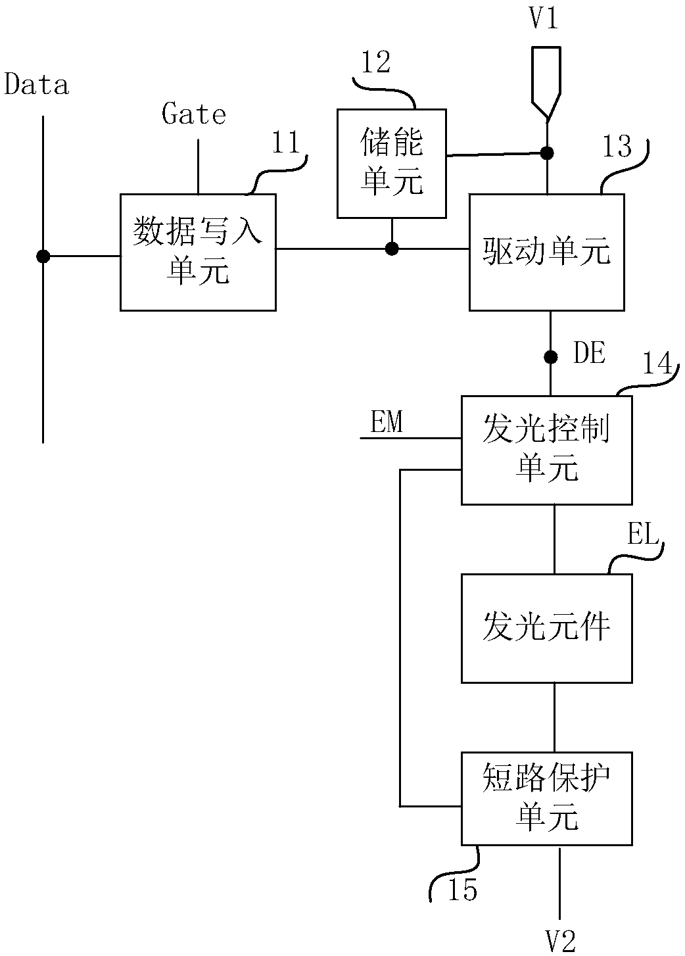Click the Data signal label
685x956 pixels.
(36, 84)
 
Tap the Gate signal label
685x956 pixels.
(194, 114)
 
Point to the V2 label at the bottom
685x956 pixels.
(561, 942)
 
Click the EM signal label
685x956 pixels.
(387, 421)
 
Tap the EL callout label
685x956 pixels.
(643, 533)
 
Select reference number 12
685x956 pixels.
(375, 62)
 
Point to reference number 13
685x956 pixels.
(617, 146)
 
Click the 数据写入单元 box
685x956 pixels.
(198, 252)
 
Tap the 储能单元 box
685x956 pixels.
(392, 164)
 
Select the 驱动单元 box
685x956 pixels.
(547, 252)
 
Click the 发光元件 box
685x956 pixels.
(547, 628)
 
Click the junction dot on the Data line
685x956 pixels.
(43, 256)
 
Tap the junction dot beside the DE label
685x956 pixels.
(550, 357)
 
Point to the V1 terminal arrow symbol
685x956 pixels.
(546, 82)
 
